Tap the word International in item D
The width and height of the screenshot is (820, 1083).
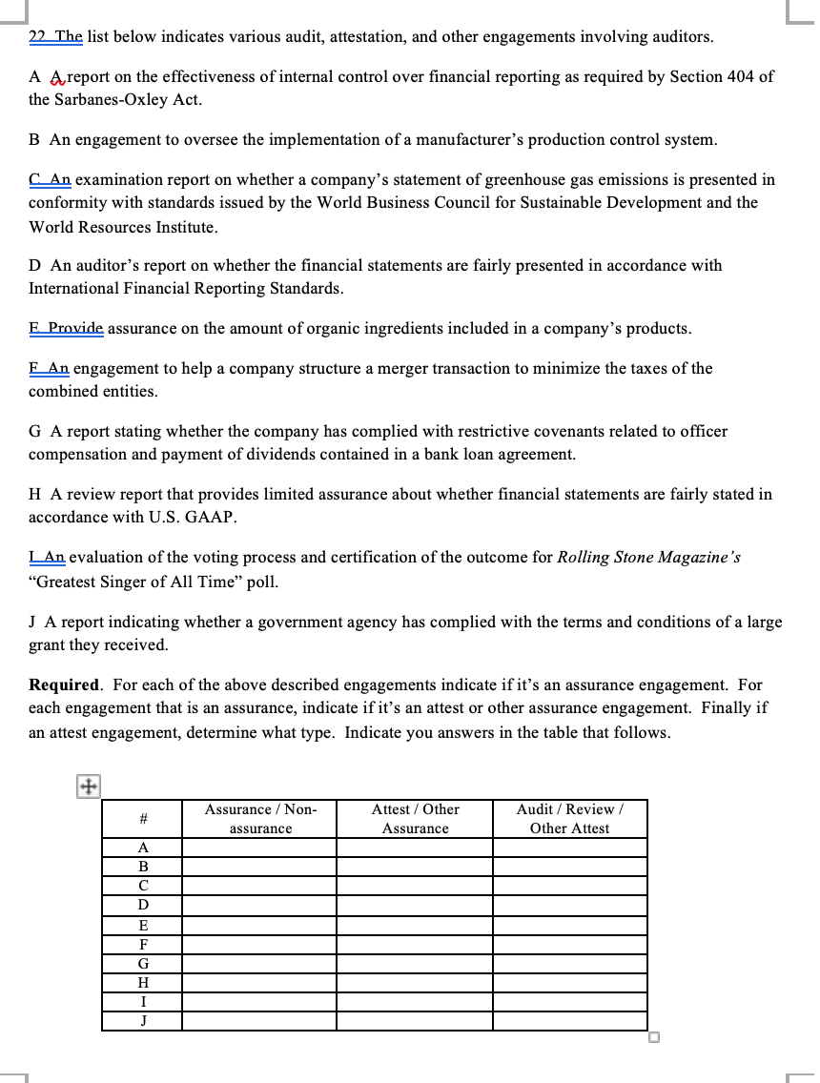click(x=76, y=289)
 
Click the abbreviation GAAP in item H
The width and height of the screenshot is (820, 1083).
click(x=210, y=518)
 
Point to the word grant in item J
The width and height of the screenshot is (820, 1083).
click(x=48, y=645)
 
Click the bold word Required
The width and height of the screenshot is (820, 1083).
click(x=64, y=685)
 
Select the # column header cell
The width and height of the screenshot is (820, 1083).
click(x=142, y=819)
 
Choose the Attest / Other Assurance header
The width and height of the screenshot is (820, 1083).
click(x=415, y=819)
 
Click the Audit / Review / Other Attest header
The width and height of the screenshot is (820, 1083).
click(x=569, y=819)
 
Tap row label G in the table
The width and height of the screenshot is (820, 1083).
click(x=143, y=963)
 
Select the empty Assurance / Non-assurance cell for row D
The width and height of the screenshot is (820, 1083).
click(x=259, y=905)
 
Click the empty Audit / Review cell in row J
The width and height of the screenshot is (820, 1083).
click(x=569, y=1021)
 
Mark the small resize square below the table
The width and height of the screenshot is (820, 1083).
click(x=655, y=1038)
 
